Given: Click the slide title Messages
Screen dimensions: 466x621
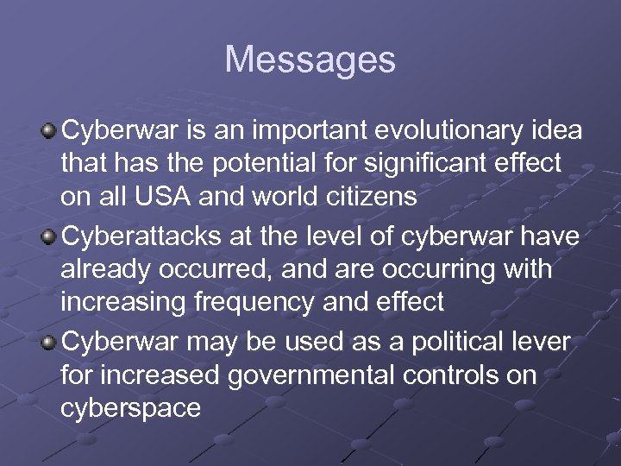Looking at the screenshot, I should click(310, 60).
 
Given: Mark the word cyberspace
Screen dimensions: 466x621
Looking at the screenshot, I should click(131, 408).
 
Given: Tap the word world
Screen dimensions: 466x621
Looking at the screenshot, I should click(276, 196).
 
